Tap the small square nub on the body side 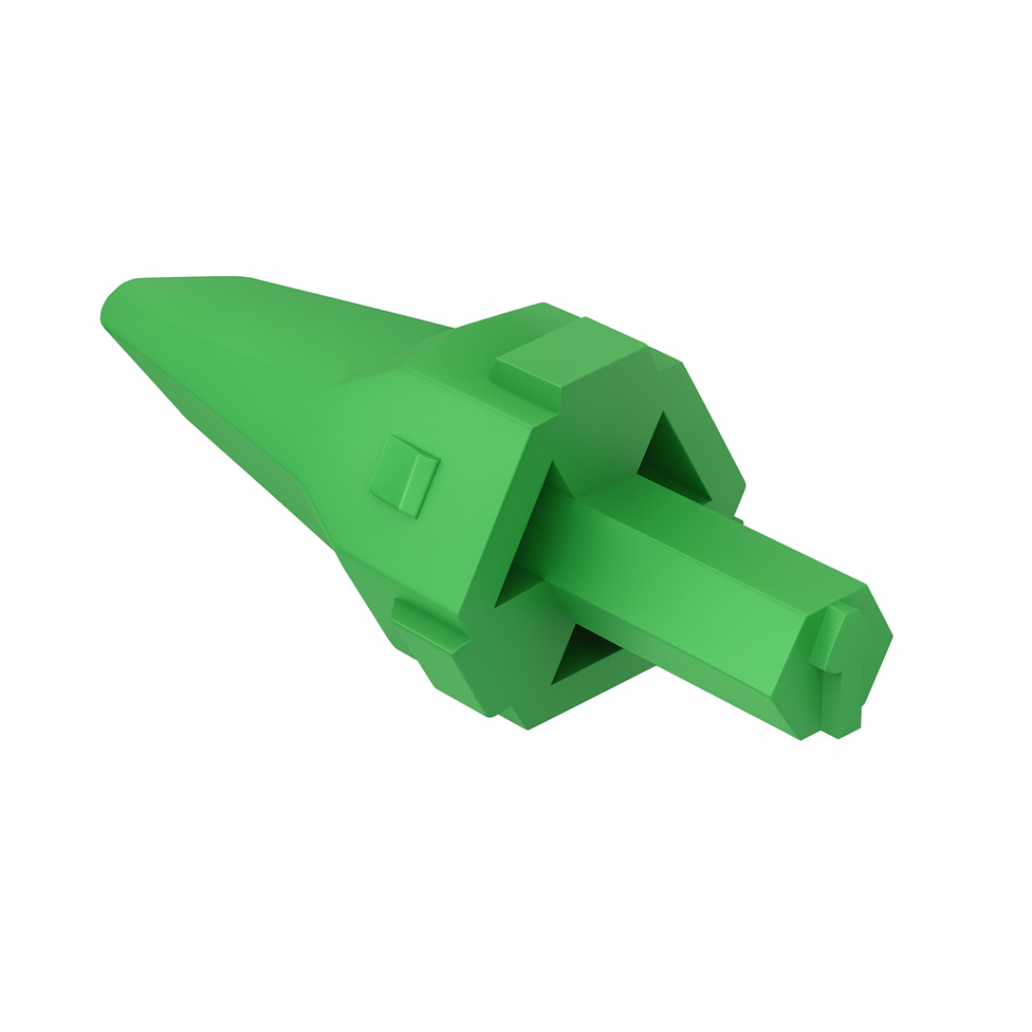point(405,474)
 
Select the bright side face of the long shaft point(669,612)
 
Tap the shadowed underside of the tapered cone point(239,440)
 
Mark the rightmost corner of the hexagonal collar point(743,483)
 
